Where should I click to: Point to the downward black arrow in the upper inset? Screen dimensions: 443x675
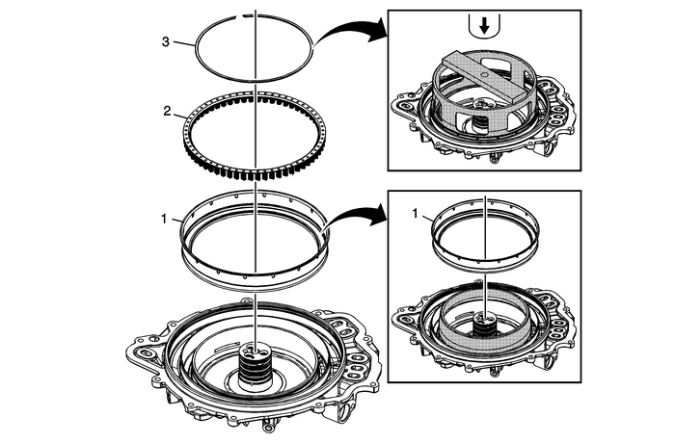[481, 27]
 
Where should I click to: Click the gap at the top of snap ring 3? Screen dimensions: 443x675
[248, 17]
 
